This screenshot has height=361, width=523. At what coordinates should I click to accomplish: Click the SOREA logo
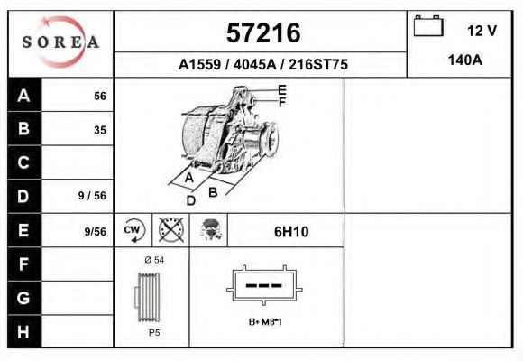60,42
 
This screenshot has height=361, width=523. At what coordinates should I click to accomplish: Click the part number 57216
261,33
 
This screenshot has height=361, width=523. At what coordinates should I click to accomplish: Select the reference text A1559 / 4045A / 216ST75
262,65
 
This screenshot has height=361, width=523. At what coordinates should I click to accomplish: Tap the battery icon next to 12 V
427,27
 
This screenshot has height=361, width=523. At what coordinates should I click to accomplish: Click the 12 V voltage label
482,30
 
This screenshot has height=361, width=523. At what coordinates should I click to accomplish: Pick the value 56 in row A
100,97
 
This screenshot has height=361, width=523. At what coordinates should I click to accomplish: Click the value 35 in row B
100,130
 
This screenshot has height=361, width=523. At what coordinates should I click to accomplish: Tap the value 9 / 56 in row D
92,194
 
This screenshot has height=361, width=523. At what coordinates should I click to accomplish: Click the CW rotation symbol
133,230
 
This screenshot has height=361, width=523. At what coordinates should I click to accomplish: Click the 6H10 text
291,232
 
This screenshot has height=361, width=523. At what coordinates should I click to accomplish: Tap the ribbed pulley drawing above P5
150,295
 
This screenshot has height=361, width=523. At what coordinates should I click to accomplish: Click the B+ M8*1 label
265,322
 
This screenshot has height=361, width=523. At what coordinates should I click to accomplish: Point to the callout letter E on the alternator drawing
282,89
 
